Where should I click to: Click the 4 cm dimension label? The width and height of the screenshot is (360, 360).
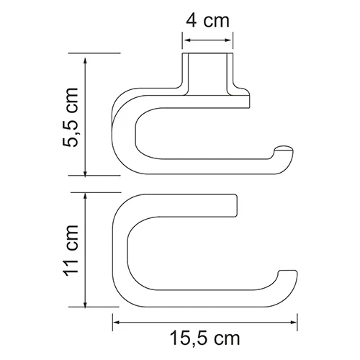click(x=207, y=21)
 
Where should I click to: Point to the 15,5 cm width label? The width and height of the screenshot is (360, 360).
click(x=205, y=336)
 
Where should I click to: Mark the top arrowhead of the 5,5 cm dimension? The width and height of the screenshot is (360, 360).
click(x=87, y=58)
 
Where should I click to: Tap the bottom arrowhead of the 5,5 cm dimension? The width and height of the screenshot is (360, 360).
click(x=87, y=171)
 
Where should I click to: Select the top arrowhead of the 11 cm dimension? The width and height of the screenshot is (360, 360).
click(x=87, y=197)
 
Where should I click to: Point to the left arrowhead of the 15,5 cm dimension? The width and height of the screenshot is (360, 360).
click(x=116, y=317)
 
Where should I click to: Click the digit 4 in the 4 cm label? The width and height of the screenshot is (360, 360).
click(x=191, y=21)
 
